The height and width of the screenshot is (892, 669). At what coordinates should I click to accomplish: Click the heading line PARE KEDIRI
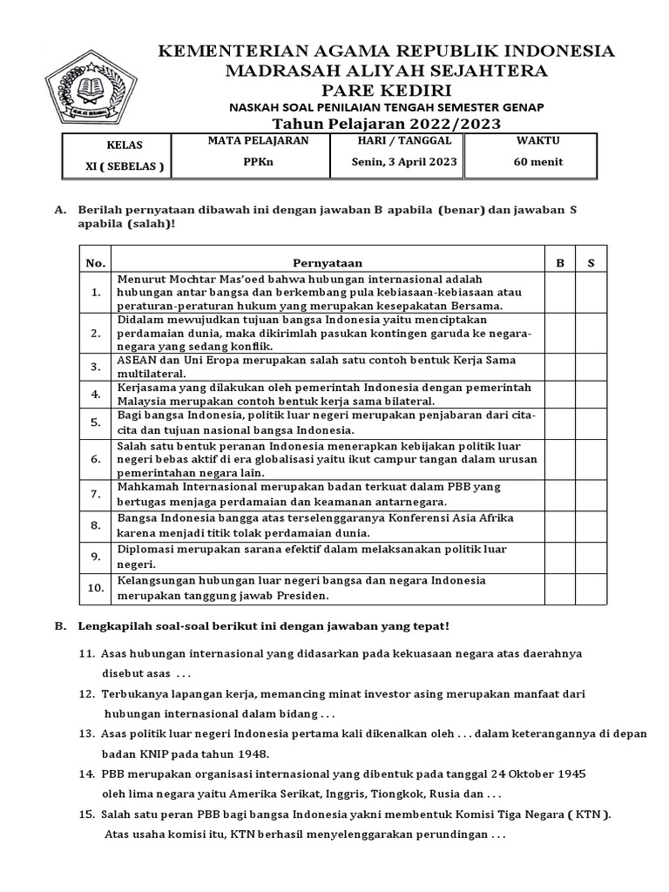point(387,90)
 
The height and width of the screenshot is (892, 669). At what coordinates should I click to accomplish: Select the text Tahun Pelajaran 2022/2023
point(387,124)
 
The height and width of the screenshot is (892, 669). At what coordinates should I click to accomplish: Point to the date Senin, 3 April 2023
point(404,162)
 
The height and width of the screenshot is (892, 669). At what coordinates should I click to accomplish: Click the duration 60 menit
point(539,162)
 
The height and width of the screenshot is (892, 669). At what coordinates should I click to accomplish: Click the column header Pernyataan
point(328,262)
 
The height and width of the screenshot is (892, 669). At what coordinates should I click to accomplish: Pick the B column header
point(560,262)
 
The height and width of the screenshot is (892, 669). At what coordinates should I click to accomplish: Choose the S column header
point(591,262)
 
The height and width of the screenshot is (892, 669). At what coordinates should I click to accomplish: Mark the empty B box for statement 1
point(560,293)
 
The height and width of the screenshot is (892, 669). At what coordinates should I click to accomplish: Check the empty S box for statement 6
point(591,458)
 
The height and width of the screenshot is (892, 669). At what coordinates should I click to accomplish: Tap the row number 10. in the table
point(96,589)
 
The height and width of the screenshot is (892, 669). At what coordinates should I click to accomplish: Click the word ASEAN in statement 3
point(137,360)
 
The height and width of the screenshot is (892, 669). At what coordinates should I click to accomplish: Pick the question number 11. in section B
point(86,653)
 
